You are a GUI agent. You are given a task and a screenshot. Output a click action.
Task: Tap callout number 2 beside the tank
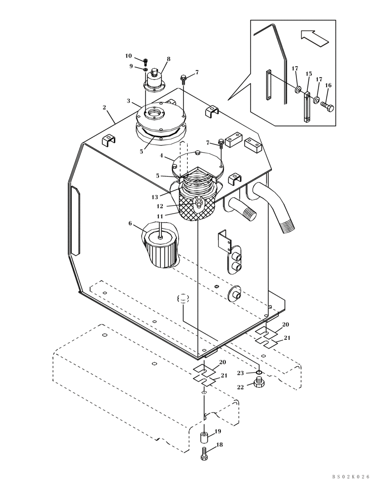click(x=104, y=108)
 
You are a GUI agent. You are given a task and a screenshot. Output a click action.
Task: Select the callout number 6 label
click(x=130, y=223)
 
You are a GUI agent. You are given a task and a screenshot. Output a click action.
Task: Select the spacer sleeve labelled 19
click(x=205, y=438)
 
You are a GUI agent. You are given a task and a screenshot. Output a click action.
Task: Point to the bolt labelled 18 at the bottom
click(x=204, y=454)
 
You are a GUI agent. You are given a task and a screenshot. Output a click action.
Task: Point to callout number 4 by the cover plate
click(x=161, y=156)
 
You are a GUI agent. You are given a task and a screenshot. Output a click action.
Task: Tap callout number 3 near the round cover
click(x=129, y=101)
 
